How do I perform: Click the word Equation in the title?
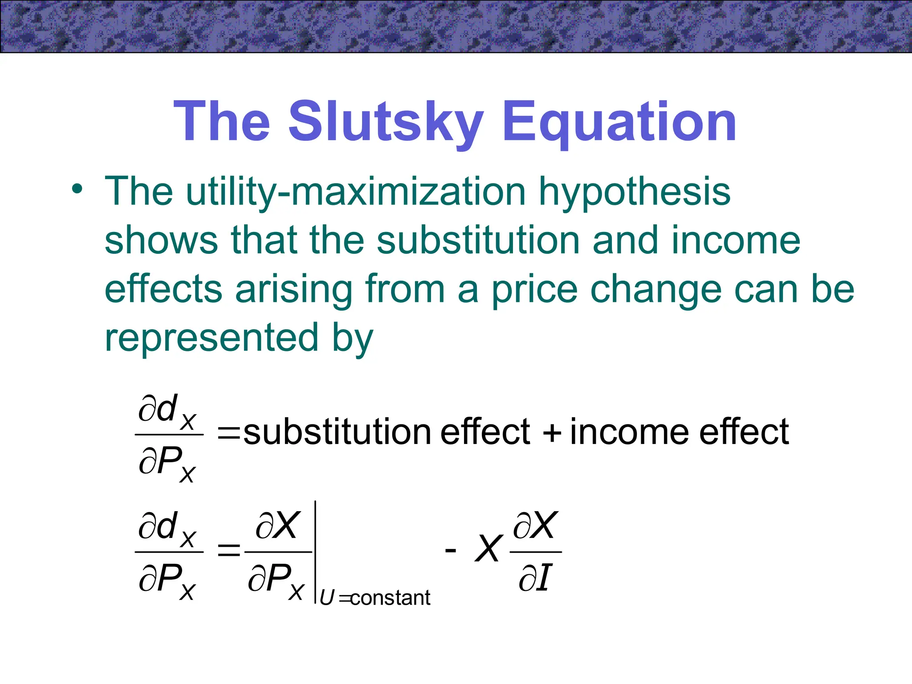(619, 121)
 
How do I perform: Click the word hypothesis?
(635, 191)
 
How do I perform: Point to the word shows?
(161, 240)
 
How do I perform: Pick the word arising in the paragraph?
(294, 289)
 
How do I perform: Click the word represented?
(212, 337)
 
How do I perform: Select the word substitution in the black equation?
(337, 432)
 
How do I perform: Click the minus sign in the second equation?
(450, 551)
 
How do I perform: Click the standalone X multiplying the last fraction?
(489, 549)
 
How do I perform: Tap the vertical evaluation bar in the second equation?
(315, 552)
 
